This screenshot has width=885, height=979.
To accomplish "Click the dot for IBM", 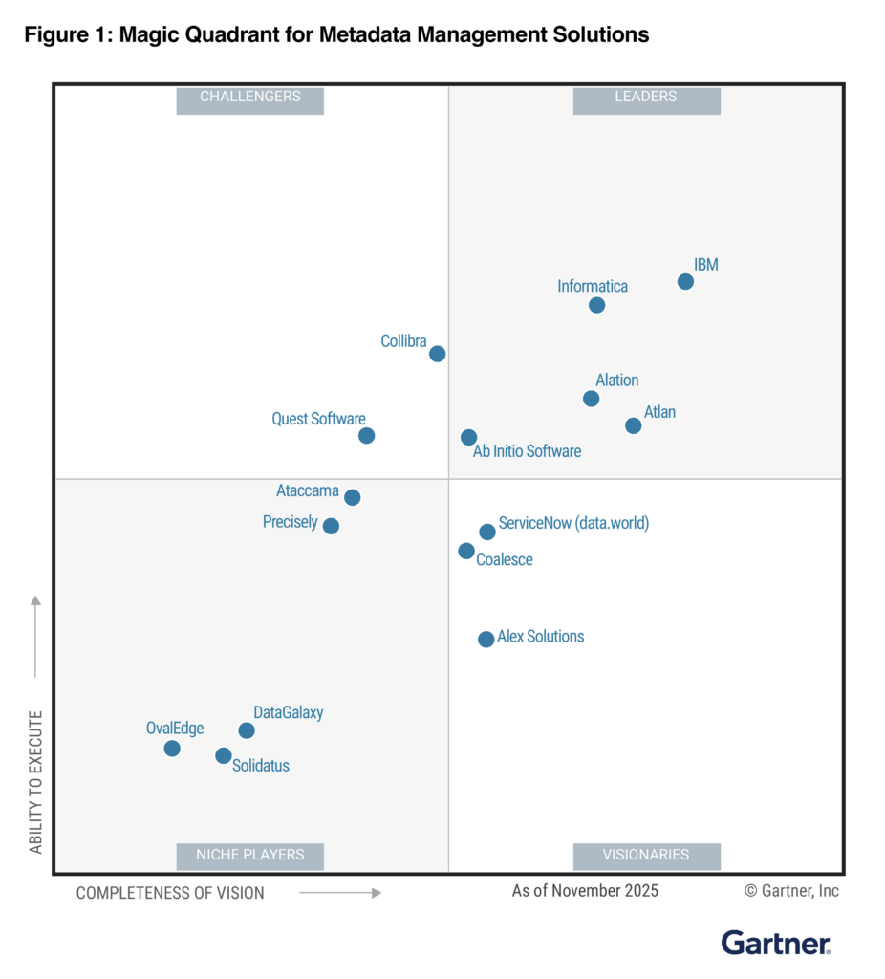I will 685,281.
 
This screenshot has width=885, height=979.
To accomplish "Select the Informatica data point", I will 596,305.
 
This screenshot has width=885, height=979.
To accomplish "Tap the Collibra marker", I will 437,354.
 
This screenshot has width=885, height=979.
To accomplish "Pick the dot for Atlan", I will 633,425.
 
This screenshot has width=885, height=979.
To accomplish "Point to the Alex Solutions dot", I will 486,639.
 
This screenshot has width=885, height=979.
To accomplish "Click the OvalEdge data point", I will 172,748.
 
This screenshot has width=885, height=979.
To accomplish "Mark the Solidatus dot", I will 223,755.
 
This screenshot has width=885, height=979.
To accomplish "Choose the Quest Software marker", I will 366,436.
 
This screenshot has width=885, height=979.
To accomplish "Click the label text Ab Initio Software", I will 527,451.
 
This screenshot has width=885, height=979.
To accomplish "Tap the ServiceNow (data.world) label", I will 573,524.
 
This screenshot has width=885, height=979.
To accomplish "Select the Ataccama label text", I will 308,491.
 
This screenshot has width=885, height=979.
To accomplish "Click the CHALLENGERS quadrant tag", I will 250,97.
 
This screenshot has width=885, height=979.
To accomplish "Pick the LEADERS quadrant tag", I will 646,97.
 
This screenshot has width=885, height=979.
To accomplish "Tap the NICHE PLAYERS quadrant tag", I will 250,855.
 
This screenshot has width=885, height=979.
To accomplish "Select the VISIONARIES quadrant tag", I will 646,855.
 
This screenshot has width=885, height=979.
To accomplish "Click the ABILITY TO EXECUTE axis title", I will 36,781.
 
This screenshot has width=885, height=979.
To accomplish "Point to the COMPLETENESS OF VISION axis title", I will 170,893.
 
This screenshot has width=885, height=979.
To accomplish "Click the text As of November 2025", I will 585,891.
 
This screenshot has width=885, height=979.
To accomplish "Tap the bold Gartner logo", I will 775,943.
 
